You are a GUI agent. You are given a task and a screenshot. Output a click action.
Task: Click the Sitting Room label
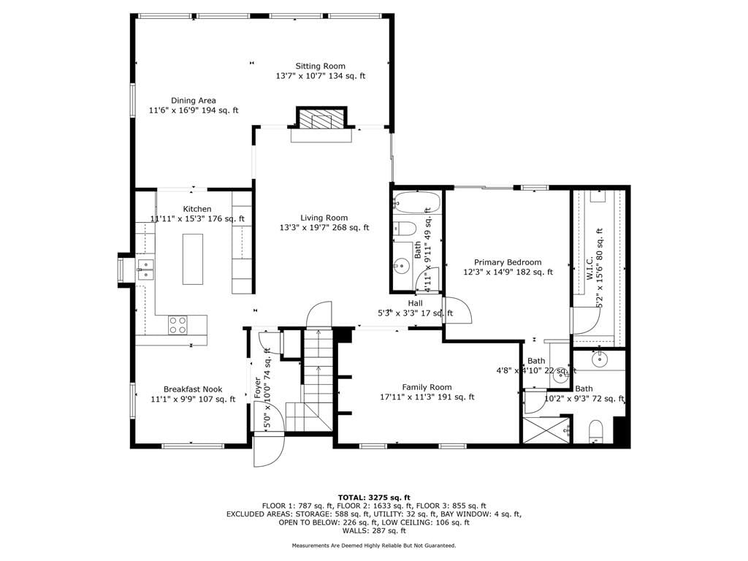(x=320, y=66)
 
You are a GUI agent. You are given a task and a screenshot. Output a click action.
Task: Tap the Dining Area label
(x=193, y=101)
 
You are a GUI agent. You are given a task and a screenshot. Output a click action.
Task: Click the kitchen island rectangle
(x=193, y=259)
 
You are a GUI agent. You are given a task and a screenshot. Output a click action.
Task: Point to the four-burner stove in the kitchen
(x=178, y=325)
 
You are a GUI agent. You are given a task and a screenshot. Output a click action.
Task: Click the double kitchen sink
(x=145, y=270)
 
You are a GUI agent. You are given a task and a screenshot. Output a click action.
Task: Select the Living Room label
(x=324, y=218)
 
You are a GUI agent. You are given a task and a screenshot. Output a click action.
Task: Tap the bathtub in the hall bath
(x=416, y=203)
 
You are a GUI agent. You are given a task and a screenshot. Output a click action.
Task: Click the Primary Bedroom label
(x=508, y=262)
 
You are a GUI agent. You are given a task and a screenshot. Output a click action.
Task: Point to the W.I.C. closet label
(x=589, y=267)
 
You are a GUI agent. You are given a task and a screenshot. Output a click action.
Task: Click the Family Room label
(x=427, y=387)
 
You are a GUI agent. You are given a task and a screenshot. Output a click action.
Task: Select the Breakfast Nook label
(x=193, y=389)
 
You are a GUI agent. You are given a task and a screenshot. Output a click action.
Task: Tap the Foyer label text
(x=258, y=388)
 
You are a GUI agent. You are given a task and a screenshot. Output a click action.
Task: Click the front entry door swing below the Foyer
(x=269, y=450)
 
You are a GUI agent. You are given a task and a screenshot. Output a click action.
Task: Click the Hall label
(x=415, y=303)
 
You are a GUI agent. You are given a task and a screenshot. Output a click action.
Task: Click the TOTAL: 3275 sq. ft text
(x=374, y=497)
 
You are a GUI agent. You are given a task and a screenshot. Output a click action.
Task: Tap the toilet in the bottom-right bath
(x=596, y=431)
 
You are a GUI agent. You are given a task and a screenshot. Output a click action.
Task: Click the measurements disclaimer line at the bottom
(x=374, y=545)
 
